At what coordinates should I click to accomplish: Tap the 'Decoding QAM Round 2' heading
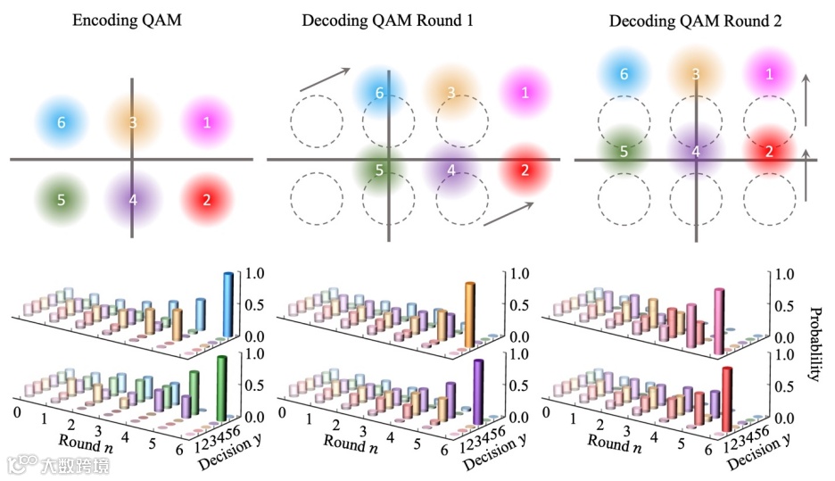pos(696,21)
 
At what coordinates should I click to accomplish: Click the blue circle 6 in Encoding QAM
pos(61,122)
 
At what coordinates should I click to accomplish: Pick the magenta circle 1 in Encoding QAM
pos(207,122)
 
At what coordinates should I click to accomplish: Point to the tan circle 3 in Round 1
pos(452,92)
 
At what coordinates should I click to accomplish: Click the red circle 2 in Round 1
pos(525,169)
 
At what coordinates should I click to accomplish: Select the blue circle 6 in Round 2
pos(625,75)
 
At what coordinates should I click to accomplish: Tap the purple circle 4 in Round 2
pos(696,151)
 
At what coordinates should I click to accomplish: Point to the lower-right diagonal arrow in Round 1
pos(508,214)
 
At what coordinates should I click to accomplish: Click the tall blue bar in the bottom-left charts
pos(227,305)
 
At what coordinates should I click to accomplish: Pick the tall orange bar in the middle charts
pos(469,310)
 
